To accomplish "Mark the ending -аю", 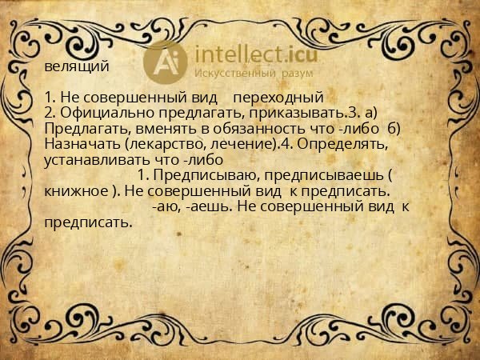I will click(x=165, y=206).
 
